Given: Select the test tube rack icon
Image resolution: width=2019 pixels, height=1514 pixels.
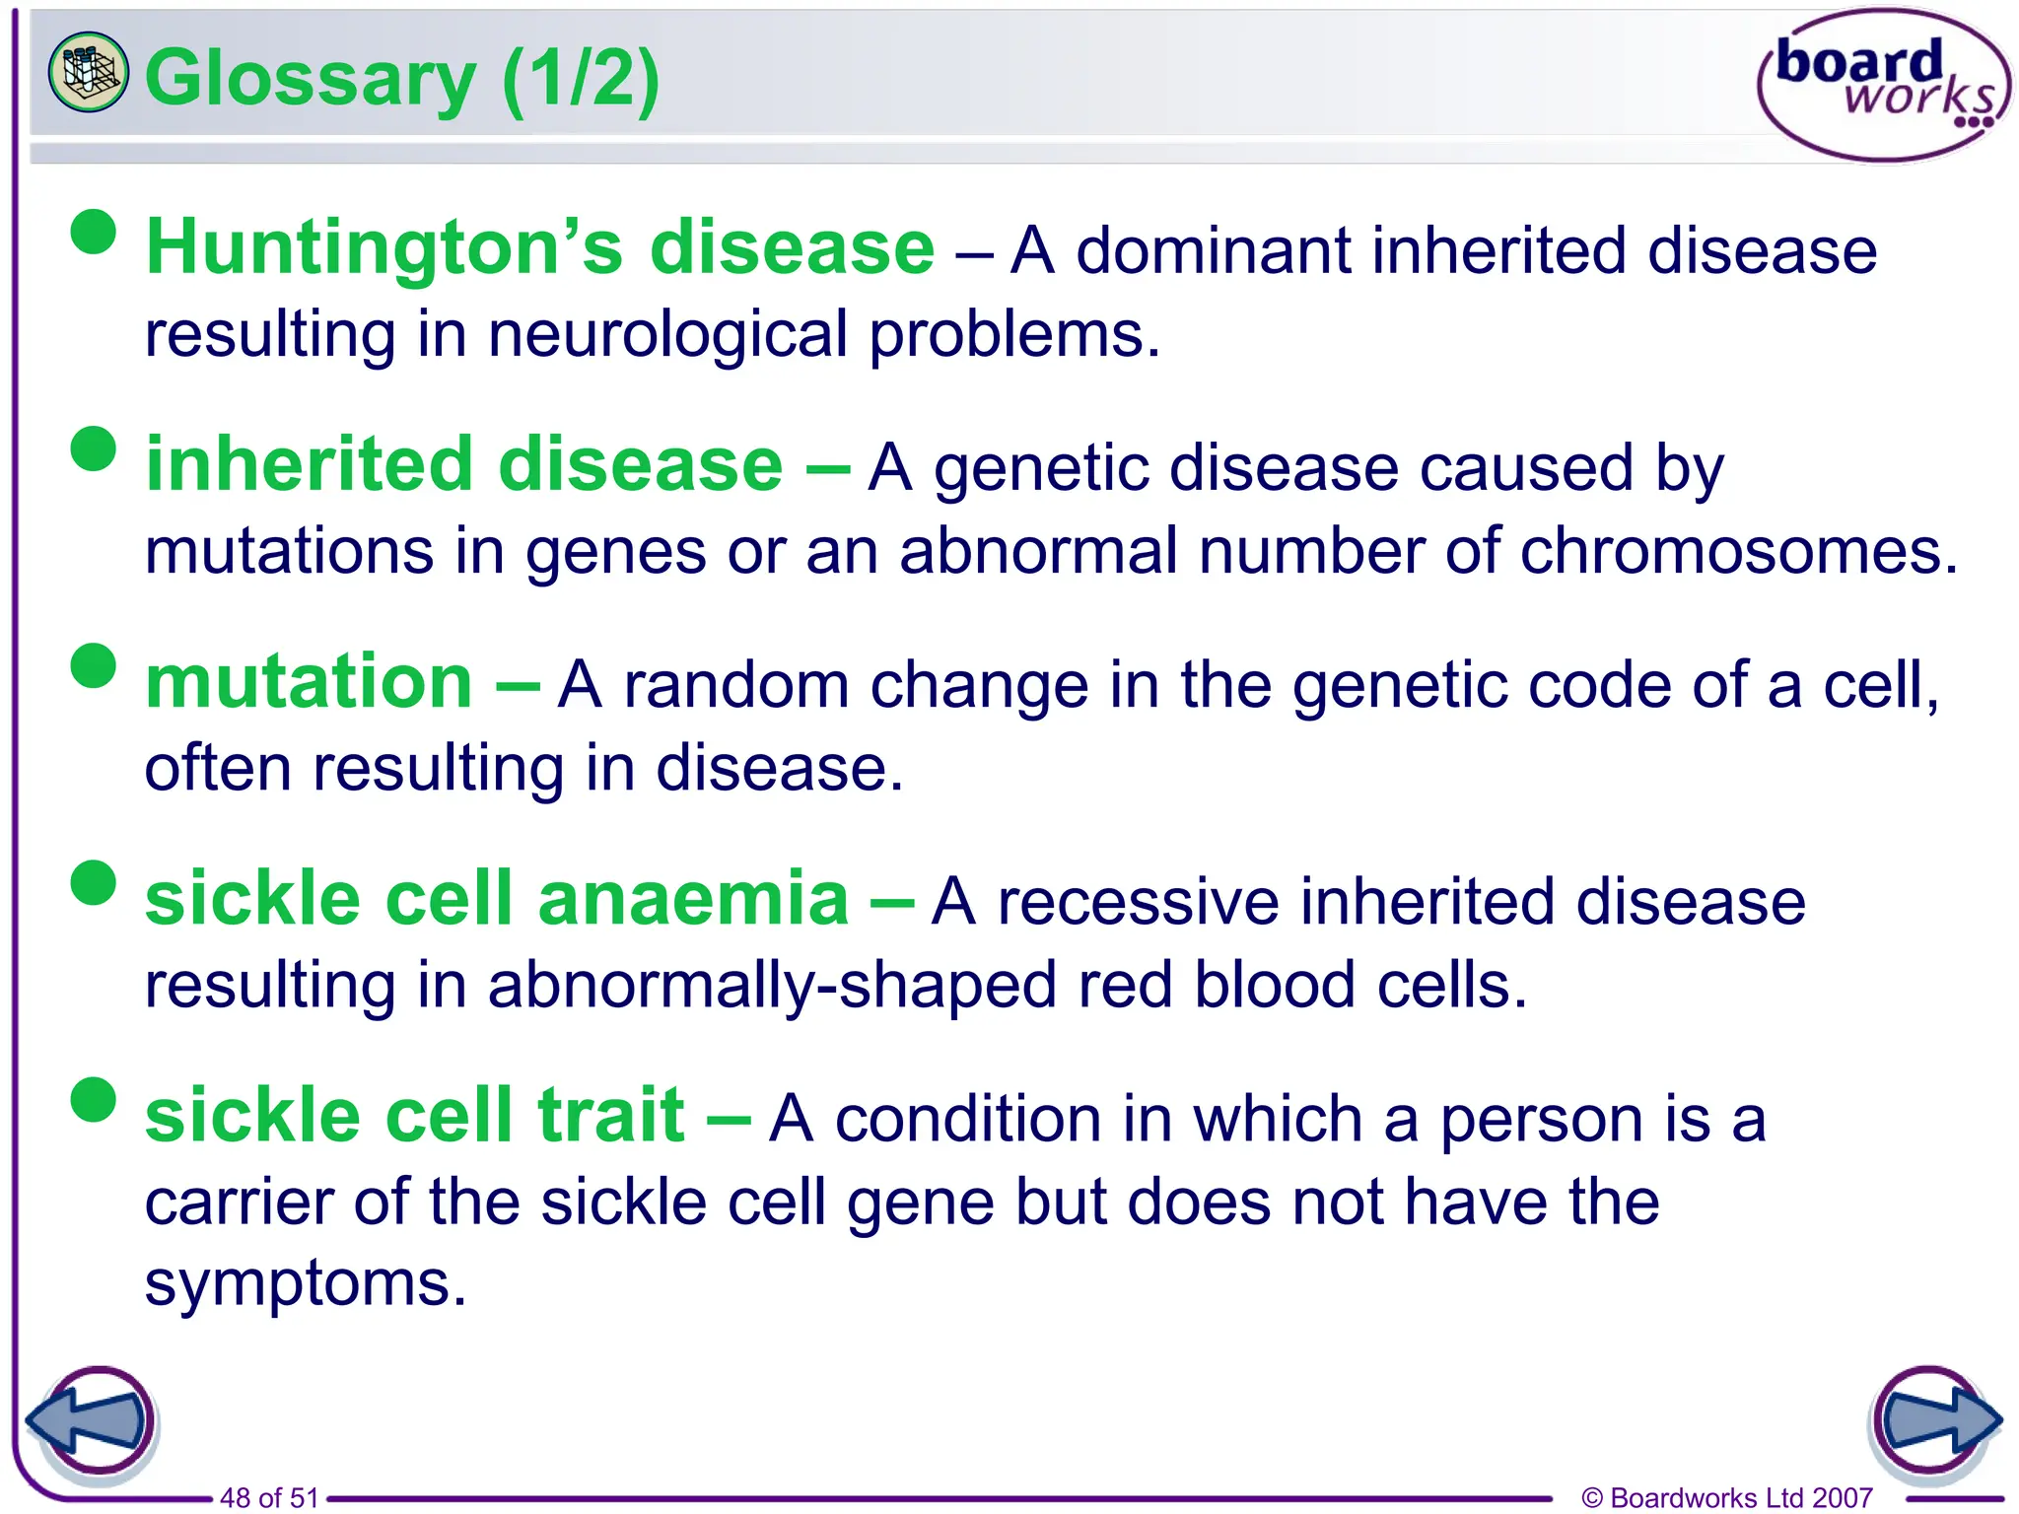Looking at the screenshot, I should [88, 71].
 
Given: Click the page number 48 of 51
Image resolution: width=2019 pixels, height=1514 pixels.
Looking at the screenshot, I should [269, 1498].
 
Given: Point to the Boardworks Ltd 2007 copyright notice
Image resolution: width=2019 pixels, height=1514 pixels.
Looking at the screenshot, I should [1726, 1498].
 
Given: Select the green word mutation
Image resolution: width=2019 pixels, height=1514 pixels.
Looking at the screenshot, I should [309, 682].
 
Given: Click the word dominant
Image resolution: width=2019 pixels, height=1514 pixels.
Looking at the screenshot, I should [1213, 251].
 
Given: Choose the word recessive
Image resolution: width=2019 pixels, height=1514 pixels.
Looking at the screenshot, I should [1138, 902].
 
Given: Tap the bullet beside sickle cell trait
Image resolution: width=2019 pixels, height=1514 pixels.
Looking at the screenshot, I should [95, 1099].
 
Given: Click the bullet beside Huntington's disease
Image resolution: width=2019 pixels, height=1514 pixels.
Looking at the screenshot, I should [95, 232].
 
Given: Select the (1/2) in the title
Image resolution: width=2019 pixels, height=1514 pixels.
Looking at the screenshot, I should [581, 79].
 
